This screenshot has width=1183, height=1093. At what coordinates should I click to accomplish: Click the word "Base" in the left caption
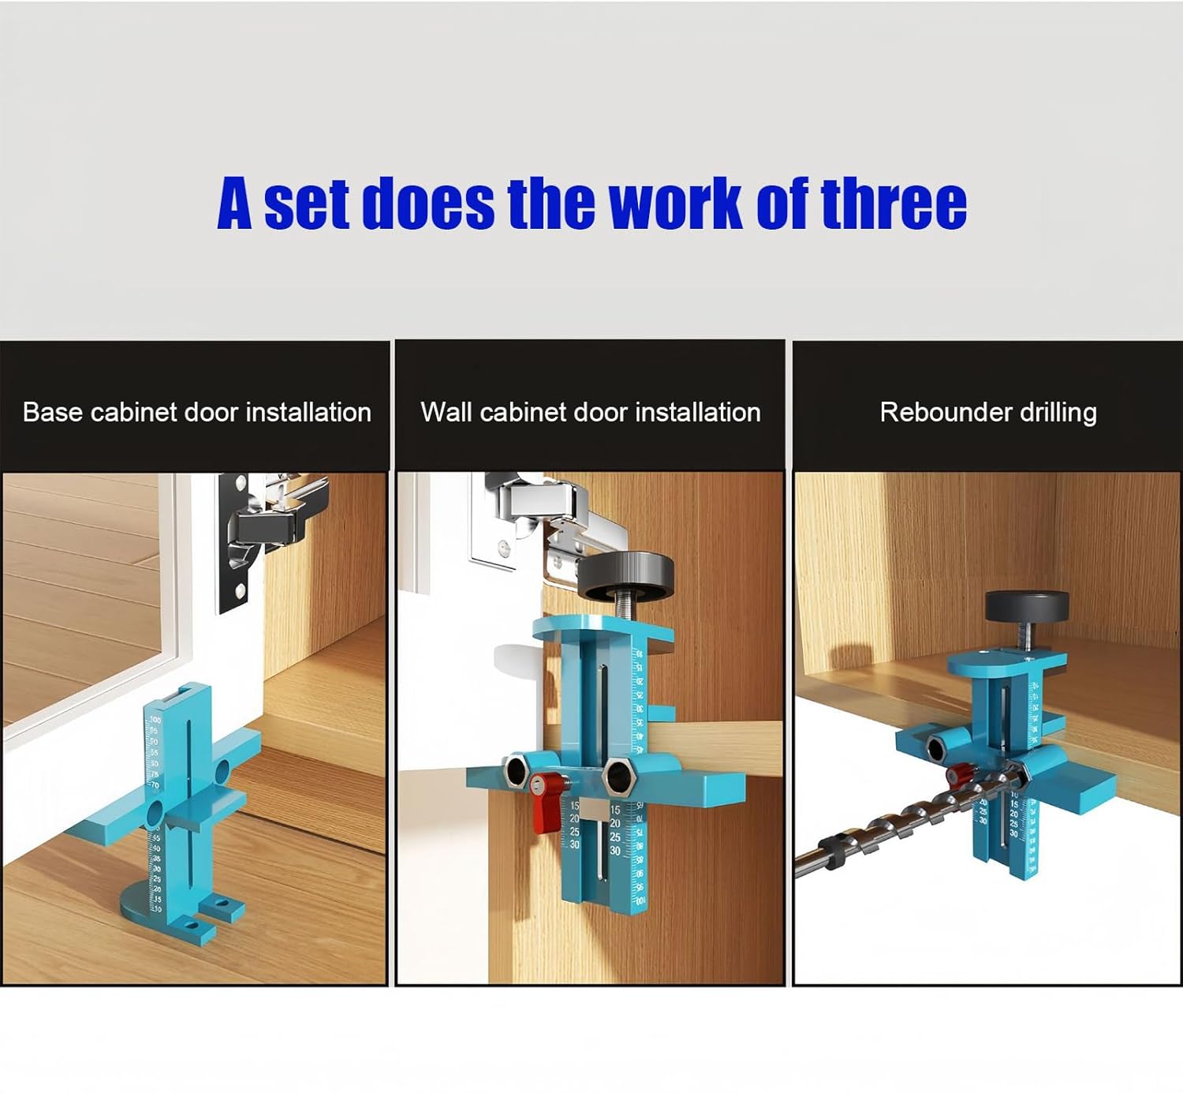coord(52,412)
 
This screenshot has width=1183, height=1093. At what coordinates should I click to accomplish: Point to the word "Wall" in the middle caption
coord(446,412)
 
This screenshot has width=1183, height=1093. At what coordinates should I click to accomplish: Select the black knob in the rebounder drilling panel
coord(1027,605)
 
